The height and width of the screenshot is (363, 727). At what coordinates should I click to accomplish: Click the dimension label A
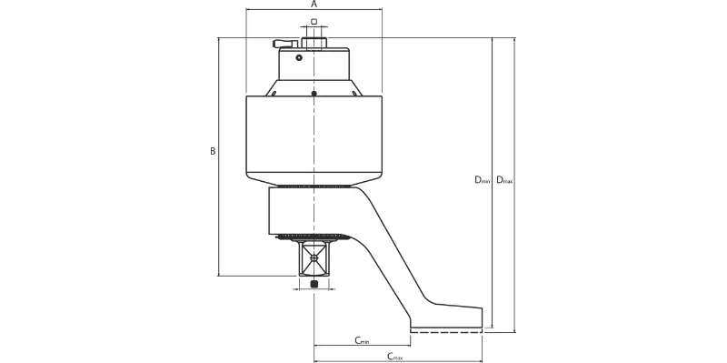[x=314, y=5]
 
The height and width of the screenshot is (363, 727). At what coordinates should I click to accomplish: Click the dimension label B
[x=213, y=151]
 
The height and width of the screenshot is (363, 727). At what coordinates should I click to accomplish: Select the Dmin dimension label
[x=482, y=179]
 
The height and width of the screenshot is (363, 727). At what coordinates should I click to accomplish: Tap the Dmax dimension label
[x=504, y=179]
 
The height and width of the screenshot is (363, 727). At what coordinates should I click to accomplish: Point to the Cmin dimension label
[x=362, y=341]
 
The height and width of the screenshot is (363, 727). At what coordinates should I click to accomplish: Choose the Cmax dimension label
[x=395, y=357]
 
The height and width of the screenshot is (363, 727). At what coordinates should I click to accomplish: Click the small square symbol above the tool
[x=314, y=21]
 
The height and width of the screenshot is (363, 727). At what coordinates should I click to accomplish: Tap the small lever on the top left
[x=285, y=44]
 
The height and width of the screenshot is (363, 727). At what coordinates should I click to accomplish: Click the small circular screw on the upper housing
[x=299, y=57]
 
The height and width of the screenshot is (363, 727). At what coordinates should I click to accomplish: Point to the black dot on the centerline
[x=314, y=94]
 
